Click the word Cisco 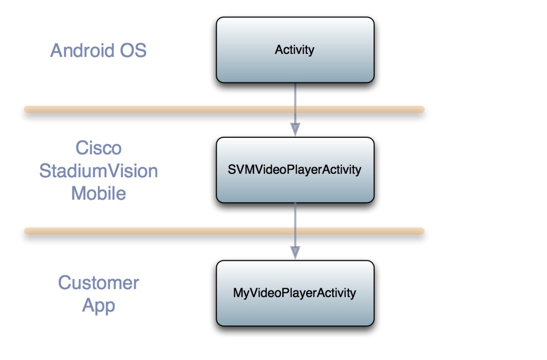coord(98,148)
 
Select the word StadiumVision coord(98,171)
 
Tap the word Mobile coord(98,193)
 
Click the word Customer coord(98,283)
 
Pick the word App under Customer coord(98,305)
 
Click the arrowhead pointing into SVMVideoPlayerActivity coord(295,129)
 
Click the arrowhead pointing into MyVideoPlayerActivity coord(295,252)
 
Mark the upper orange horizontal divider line coord(225,109)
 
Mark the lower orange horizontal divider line coord(225,231)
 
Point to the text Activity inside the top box coord(295,50)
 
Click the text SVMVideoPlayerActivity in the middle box coord(295,170)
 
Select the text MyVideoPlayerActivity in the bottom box coord(295,293)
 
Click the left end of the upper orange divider coord(28,109)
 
